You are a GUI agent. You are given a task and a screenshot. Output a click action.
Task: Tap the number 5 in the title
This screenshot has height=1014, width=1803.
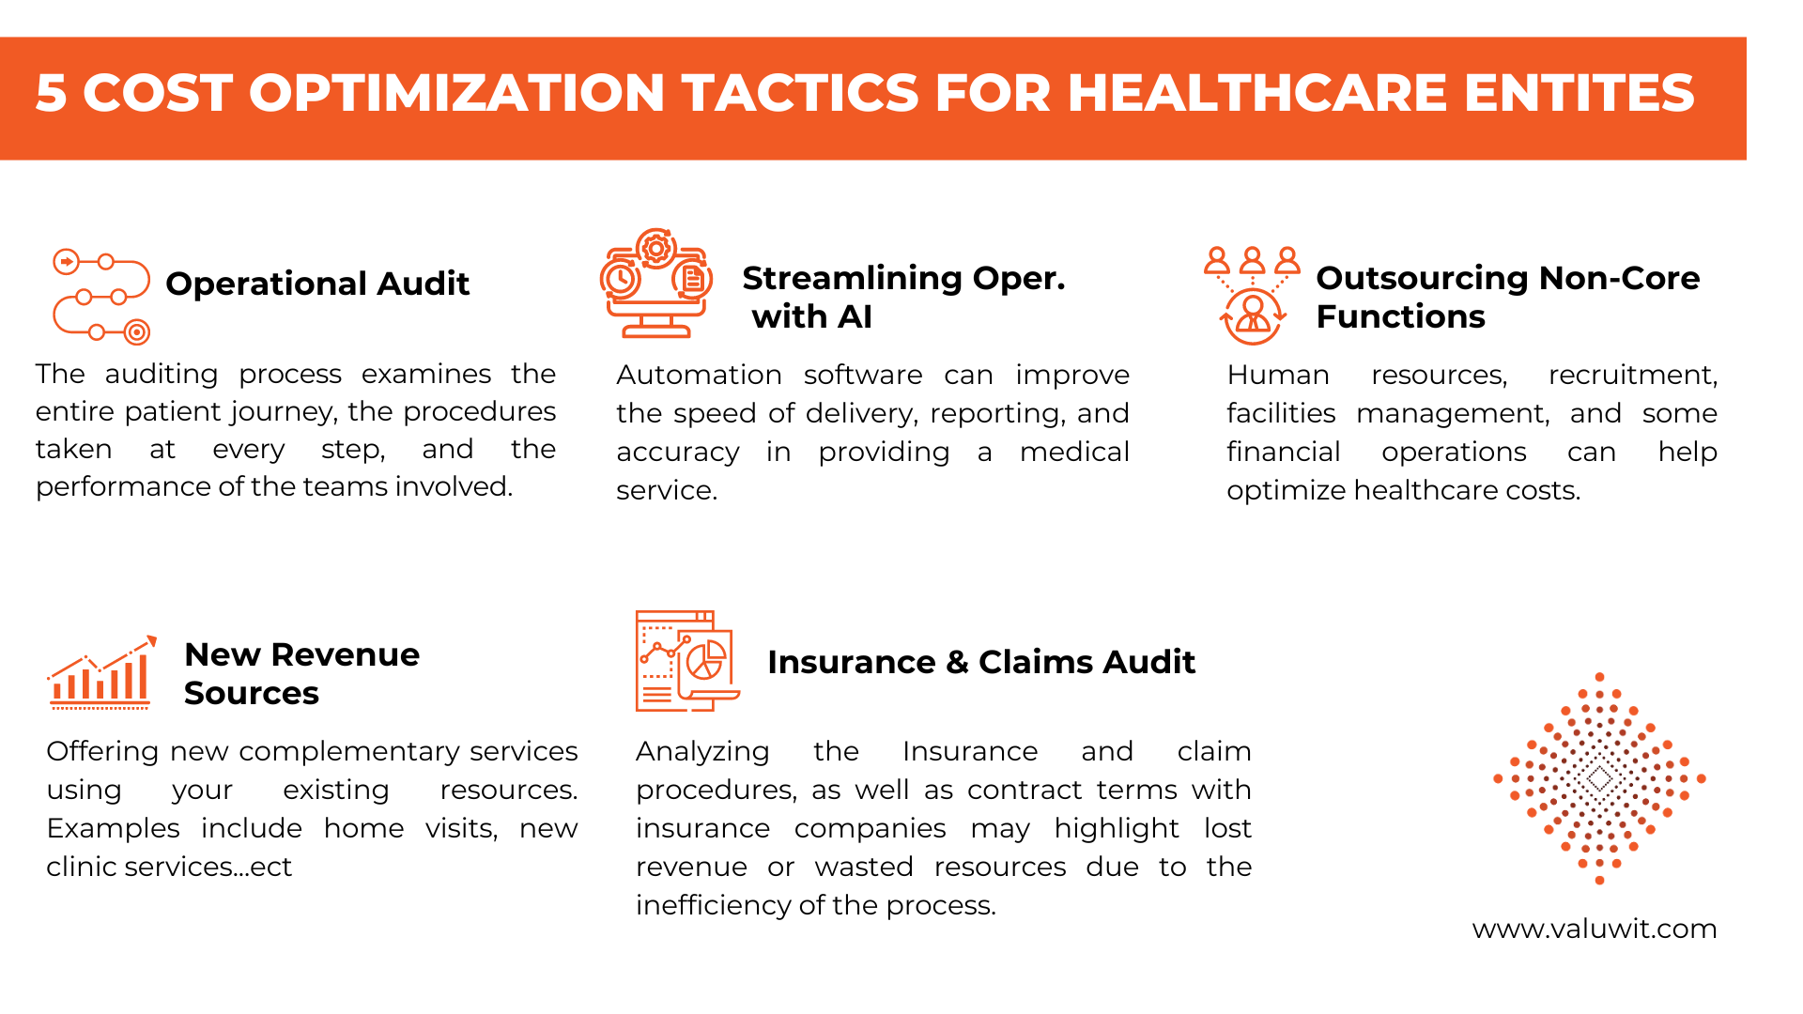51,93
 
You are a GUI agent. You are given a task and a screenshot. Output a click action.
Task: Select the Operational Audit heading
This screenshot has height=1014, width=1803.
317,284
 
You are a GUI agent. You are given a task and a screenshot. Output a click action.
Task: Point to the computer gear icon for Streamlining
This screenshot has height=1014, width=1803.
656,283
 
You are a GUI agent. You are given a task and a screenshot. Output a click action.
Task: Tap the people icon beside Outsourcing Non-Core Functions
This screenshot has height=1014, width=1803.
1252,296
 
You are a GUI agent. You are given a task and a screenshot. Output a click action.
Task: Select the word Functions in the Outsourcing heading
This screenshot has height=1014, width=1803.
1400,316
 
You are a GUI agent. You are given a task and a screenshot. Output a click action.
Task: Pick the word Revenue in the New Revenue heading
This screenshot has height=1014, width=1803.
346,654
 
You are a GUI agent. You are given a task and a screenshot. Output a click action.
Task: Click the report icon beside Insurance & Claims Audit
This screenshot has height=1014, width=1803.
687,661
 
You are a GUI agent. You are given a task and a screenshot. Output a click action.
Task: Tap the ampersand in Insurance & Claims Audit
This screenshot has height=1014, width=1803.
957,662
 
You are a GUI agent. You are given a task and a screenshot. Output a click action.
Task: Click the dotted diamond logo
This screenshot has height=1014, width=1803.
1599,778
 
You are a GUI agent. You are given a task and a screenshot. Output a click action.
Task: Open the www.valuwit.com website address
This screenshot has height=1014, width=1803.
1595,929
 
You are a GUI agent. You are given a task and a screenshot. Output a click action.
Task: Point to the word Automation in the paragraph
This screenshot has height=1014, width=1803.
699,375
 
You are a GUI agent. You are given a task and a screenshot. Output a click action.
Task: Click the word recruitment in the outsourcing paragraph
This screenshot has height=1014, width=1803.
1632,376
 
